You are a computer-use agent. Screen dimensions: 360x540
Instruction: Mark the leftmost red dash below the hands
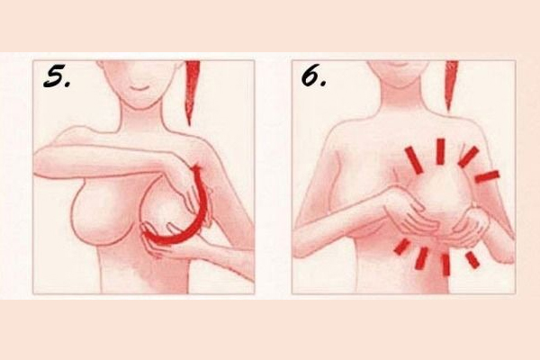(402, 247)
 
